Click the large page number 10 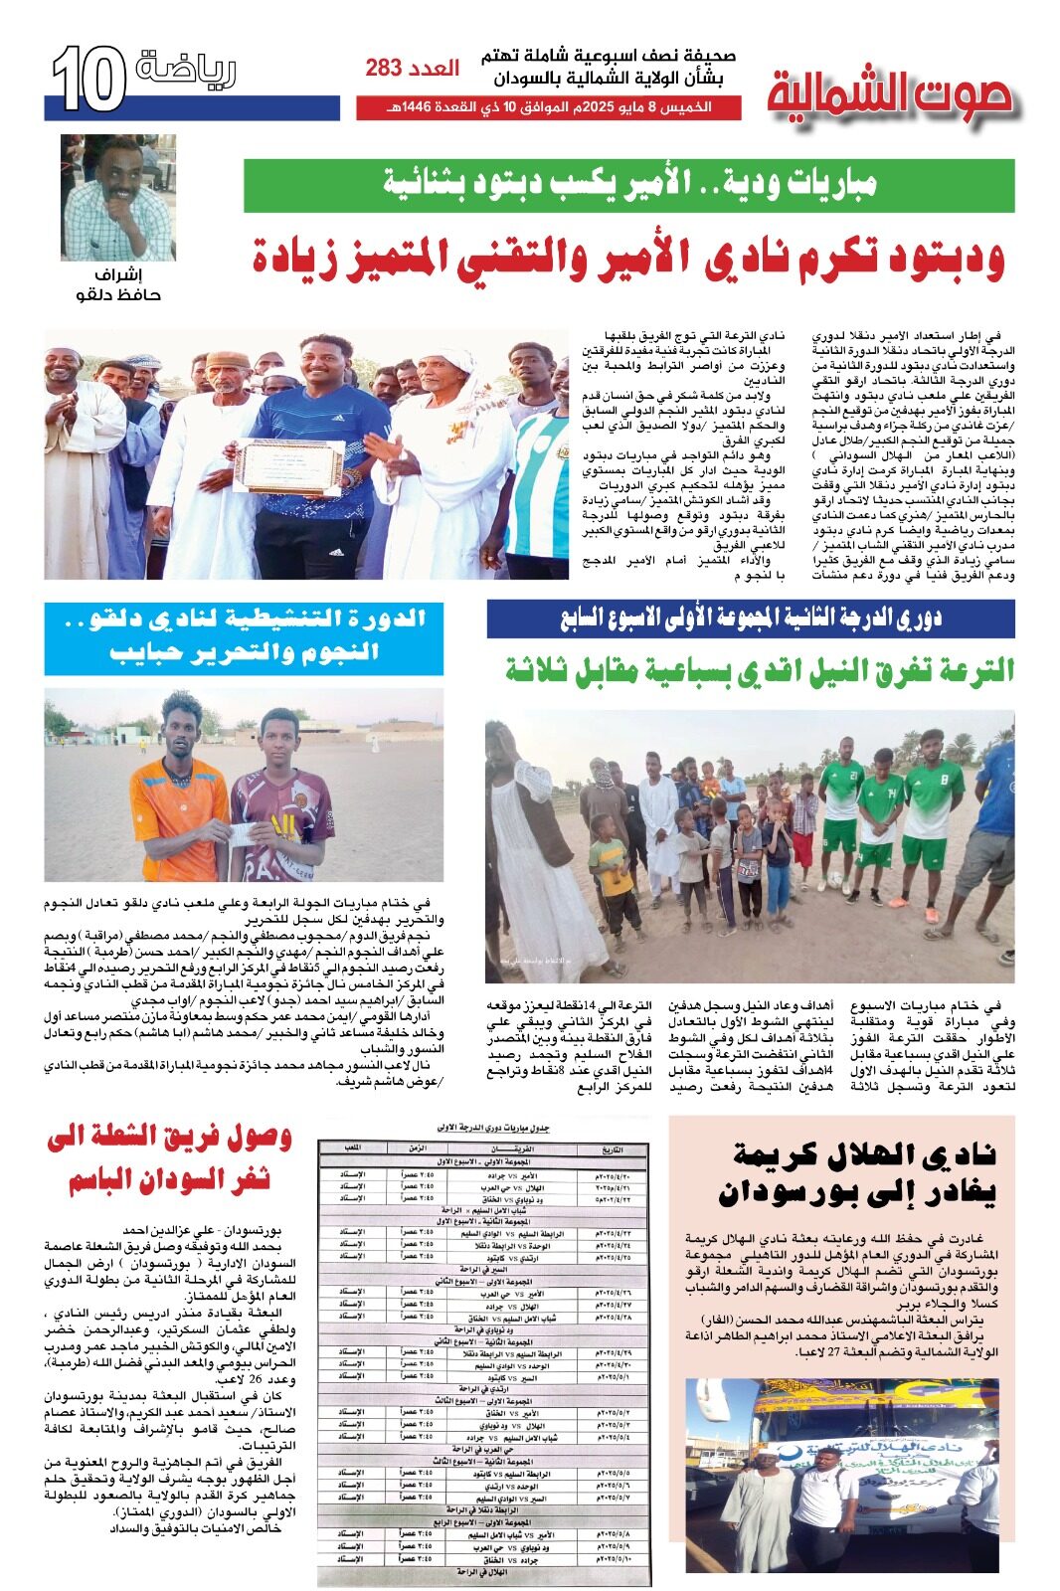coord(88,80)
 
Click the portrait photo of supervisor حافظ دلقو coord(118,198)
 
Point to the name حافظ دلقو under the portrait coord(118,294)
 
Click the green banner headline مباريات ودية coord(628,185)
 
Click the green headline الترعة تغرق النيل coord(760,669)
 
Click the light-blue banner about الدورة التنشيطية coord(244,637)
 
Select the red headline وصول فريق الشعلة coord(169,1157)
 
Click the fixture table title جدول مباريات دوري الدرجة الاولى coord(493,1128)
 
